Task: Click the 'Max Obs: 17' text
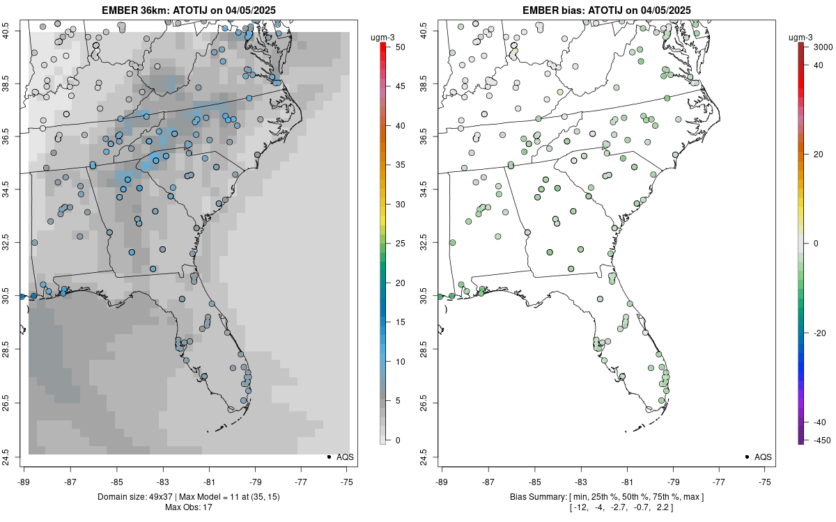[188, 507]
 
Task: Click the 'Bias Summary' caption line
[607, 496]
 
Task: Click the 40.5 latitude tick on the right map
[428, 31]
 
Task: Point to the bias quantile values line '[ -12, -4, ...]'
[607, 507]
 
